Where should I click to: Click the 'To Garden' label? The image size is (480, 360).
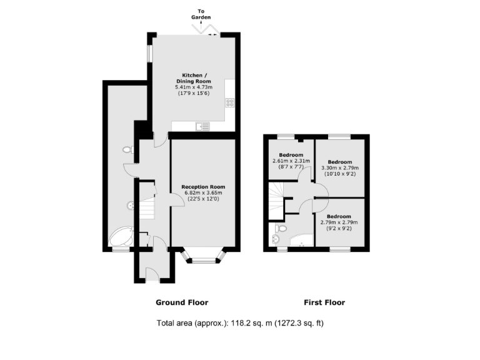[x=201, y=14]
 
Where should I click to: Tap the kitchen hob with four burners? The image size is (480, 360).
[x=231, y=103]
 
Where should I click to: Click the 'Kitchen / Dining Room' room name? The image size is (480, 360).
[x=193, y=78]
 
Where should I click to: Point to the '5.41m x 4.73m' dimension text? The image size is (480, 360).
[x=193, y=87]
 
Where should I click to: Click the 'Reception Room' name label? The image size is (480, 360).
[x=203, y=187]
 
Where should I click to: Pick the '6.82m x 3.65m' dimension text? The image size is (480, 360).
[x=203, y=193]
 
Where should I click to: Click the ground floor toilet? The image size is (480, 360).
[x=127, y=150]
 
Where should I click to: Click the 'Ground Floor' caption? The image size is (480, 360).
[x=182, y=302]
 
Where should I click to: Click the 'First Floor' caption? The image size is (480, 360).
[x=324, y=302]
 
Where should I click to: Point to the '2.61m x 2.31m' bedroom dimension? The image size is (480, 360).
[x=291, y=161]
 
